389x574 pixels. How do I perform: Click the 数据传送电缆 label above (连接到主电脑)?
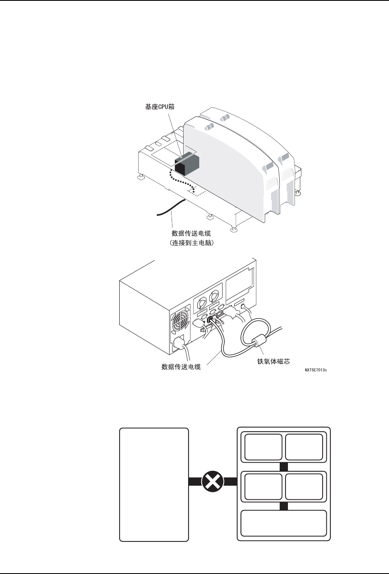[191, 234]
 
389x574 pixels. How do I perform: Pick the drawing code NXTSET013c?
[316, 371]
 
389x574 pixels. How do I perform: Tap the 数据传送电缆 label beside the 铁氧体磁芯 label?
[181, 366]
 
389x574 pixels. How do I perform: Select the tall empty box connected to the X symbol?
[154, 484]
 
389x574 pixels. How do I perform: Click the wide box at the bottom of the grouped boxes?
[284, 523]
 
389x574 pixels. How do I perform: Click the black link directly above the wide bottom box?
[283, 506]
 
